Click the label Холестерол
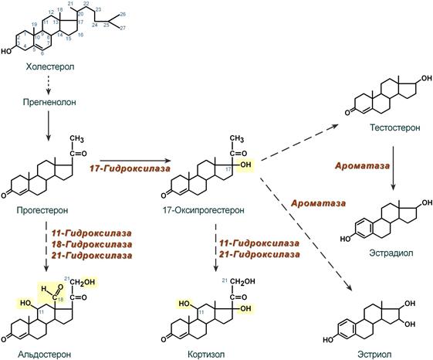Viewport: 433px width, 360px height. coord(50,66)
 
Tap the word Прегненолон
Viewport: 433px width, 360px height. coord(49,102)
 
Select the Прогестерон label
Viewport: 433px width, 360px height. coord(42,210)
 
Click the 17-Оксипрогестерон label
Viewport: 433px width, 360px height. coord(204,210)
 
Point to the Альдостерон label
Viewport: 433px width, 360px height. coord(45,354)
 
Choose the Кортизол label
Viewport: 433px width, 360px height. coord(206,354)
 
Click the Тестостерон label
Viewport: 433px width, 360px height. coord(395,127)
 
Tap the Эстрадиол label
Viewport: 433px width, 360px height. coord(391,253)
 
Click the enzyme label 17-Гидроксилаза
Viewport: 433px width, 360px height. coord(130,168)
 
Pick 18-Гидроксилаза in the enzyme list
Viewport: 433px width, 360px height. coord(92,244)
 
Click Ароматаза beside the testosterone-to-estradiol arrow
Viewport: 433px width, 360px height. coord(362,165)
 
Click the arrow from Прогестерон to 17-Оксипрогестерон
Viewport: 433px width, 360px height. coord(135,161)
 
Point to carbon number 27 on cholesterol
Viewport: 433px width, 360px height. coord(123,28)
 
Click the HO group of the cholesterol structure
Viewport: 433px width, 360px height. coord(7,51)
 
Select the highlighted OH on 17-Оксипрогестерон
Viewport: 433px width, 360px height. coord(245,165)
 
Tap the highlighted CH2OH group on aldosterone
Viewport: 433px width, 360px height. coord(82,282)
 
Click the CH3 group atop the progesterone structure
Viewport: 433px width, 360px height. coord(76,138)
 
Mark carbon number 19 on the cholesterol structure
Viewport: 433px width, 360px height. coord(34,25)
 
